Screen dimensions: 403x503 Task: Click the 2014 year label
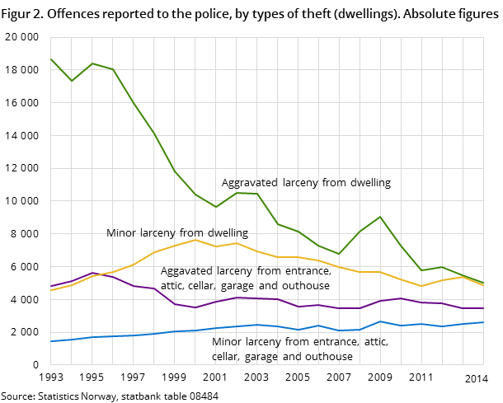[476, 378]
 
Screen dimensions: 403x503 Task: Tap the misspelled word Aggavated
[186, 270]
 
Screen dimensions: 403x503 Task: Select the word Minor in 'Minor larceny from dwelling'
[120, 233]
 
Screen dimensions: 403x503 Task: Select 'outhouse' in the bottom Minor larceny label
[329, 357]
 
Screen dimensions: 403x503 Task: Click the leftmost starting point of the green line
[50, 59]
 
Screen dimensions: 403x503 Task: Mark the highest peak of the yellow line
[195, 240]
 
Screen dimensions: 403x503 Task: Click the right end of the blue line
[483, 322]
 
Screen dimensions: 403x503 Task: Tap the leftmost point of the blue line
[50, 341]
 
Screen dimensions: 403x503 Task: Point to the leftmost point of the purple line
[50, 287]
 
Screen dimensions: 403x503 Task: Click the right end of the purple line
[483, 308]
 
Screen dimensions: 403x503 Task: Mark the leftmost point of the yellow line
[50, 291]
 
